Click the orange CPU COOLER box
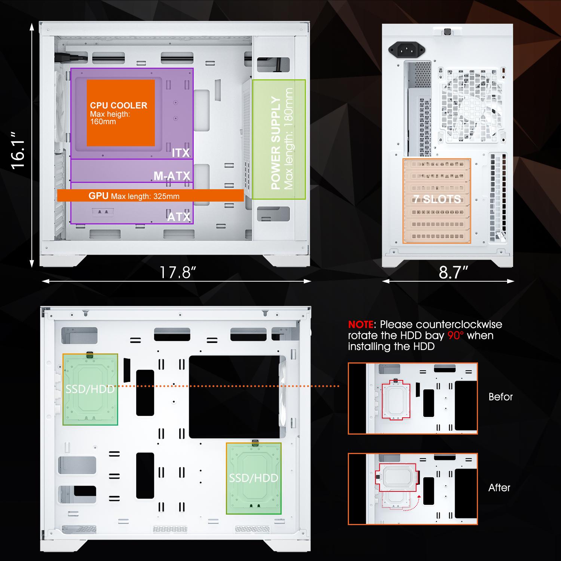[121, 113]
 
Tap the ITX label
[181, 153]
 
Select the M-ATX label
[172, 176]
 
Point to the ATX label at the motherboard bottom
[179, 217]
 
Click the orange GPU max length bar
[150, 196]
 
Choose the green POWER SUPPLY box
[279, 139]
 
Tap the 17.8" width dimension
[178, 272]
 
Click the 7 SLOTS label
[437, 199]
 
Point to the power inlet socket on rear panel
[407, 49]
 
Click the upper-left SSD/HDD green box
[90, 389]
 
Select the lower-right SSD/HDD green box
[254, 478]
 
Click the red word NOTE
[361, 324]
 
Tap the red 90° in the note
[456, 335]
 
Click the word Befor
[500, 397]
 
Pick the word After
[499, 488]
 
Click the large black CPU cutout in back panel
[234, 397]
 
